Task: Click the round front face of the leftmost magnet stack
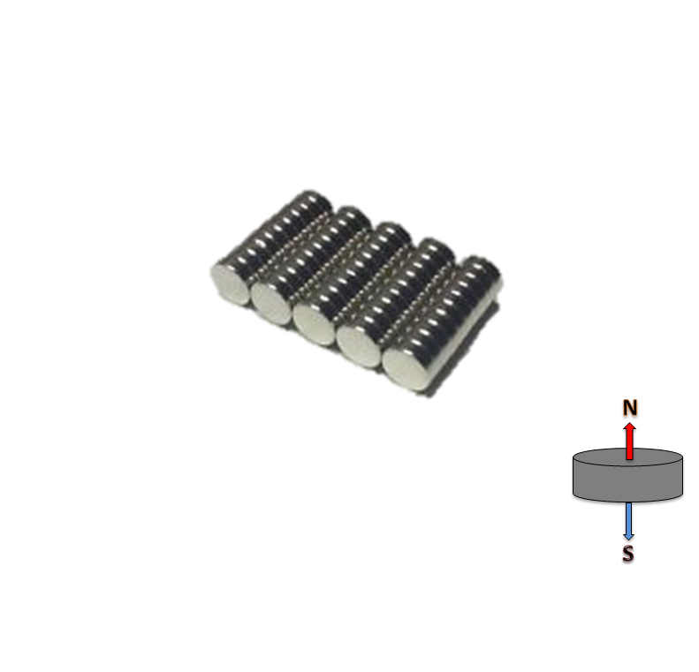pyautogui.click(x=231, y=283)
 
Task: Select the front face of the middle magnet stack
pyautogui.click(x=314, y=322)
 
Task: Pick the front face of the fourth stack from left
pyautogui.click(x=359, y=345)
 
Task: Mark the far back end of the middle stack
pyautogui.click(x=391, y=233)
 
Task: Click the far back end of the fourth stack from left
pyautogui.click(x=435, y=248)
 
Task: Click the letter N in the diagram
pyautogui.click(x=629, y=407)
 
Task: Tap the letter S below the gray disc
pyautogui.click(x=627, y=555)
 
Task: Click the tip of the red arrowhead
pyautogui.click(x=629, y=423)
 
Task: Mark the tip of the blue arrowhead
pyautogui.click(x=628, y=539)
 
